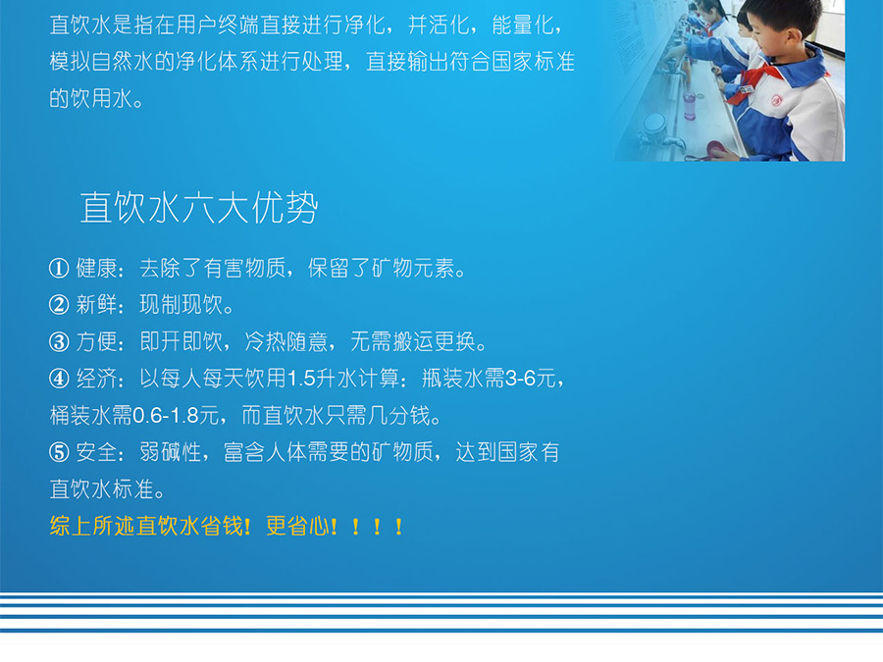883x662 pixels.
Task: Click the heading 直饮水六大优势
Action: pos(199,207)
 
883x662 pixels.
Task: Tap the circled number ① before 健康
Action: pos(59,268)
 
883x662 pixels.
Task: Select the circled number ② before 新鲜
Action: pos(59,305)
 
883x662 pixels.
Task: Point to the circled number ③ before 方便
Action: pos(59,341)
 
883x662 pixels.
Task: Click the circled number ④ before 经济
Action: pos(59,379)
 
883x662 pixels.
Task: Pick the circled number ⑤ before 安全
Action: pos(59,452)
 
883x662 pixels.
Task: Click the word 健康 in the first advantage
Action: pos(97,268)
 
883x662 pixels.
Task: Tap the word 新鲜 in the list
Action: pos(97,305)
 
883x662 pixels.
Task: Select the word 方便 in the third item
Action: pos(97,341)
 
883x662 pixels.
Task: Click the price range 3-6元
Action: pos(531,379)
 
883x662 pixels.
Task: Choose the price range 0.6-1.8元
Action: pos(176,416)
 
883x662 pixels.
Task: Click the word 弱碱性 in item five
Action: pos(171,452)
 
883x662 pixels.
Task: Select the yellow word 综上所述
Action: pos(92,526)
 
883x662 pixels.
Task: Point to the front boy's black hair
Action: pos(782,17)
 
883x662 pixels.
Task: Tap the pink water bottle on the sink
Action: pos(690,105)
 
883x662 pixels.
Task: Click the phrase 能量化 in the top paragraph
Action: pos(523,25)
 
